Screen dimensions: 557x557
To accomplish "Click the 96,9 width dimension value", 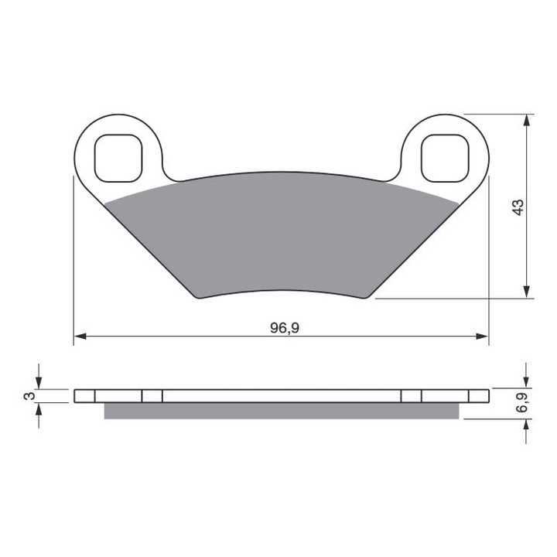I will pyautogui.click(x=284, y=327).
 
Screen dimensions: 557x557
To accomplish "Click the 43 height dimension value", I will pyautogui.click(x=518, y=207).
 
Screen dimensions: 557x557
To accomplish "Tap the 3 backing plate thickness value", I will pyautogui.click(x=29, y=395).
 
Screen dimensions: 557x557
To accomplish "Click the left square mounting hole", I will pyautogui.click(x=118, y=157).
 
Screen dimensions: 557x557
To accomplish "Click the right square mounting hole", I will pyautogui.click(x=446, y=157).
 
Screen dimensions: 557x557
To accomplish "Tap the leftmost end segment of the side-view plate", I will pyautogui.click(x=84, y=395).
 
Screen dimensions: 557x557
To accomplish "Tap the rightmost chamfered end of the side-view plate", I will pyautogui.click(x=480, y=395).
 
